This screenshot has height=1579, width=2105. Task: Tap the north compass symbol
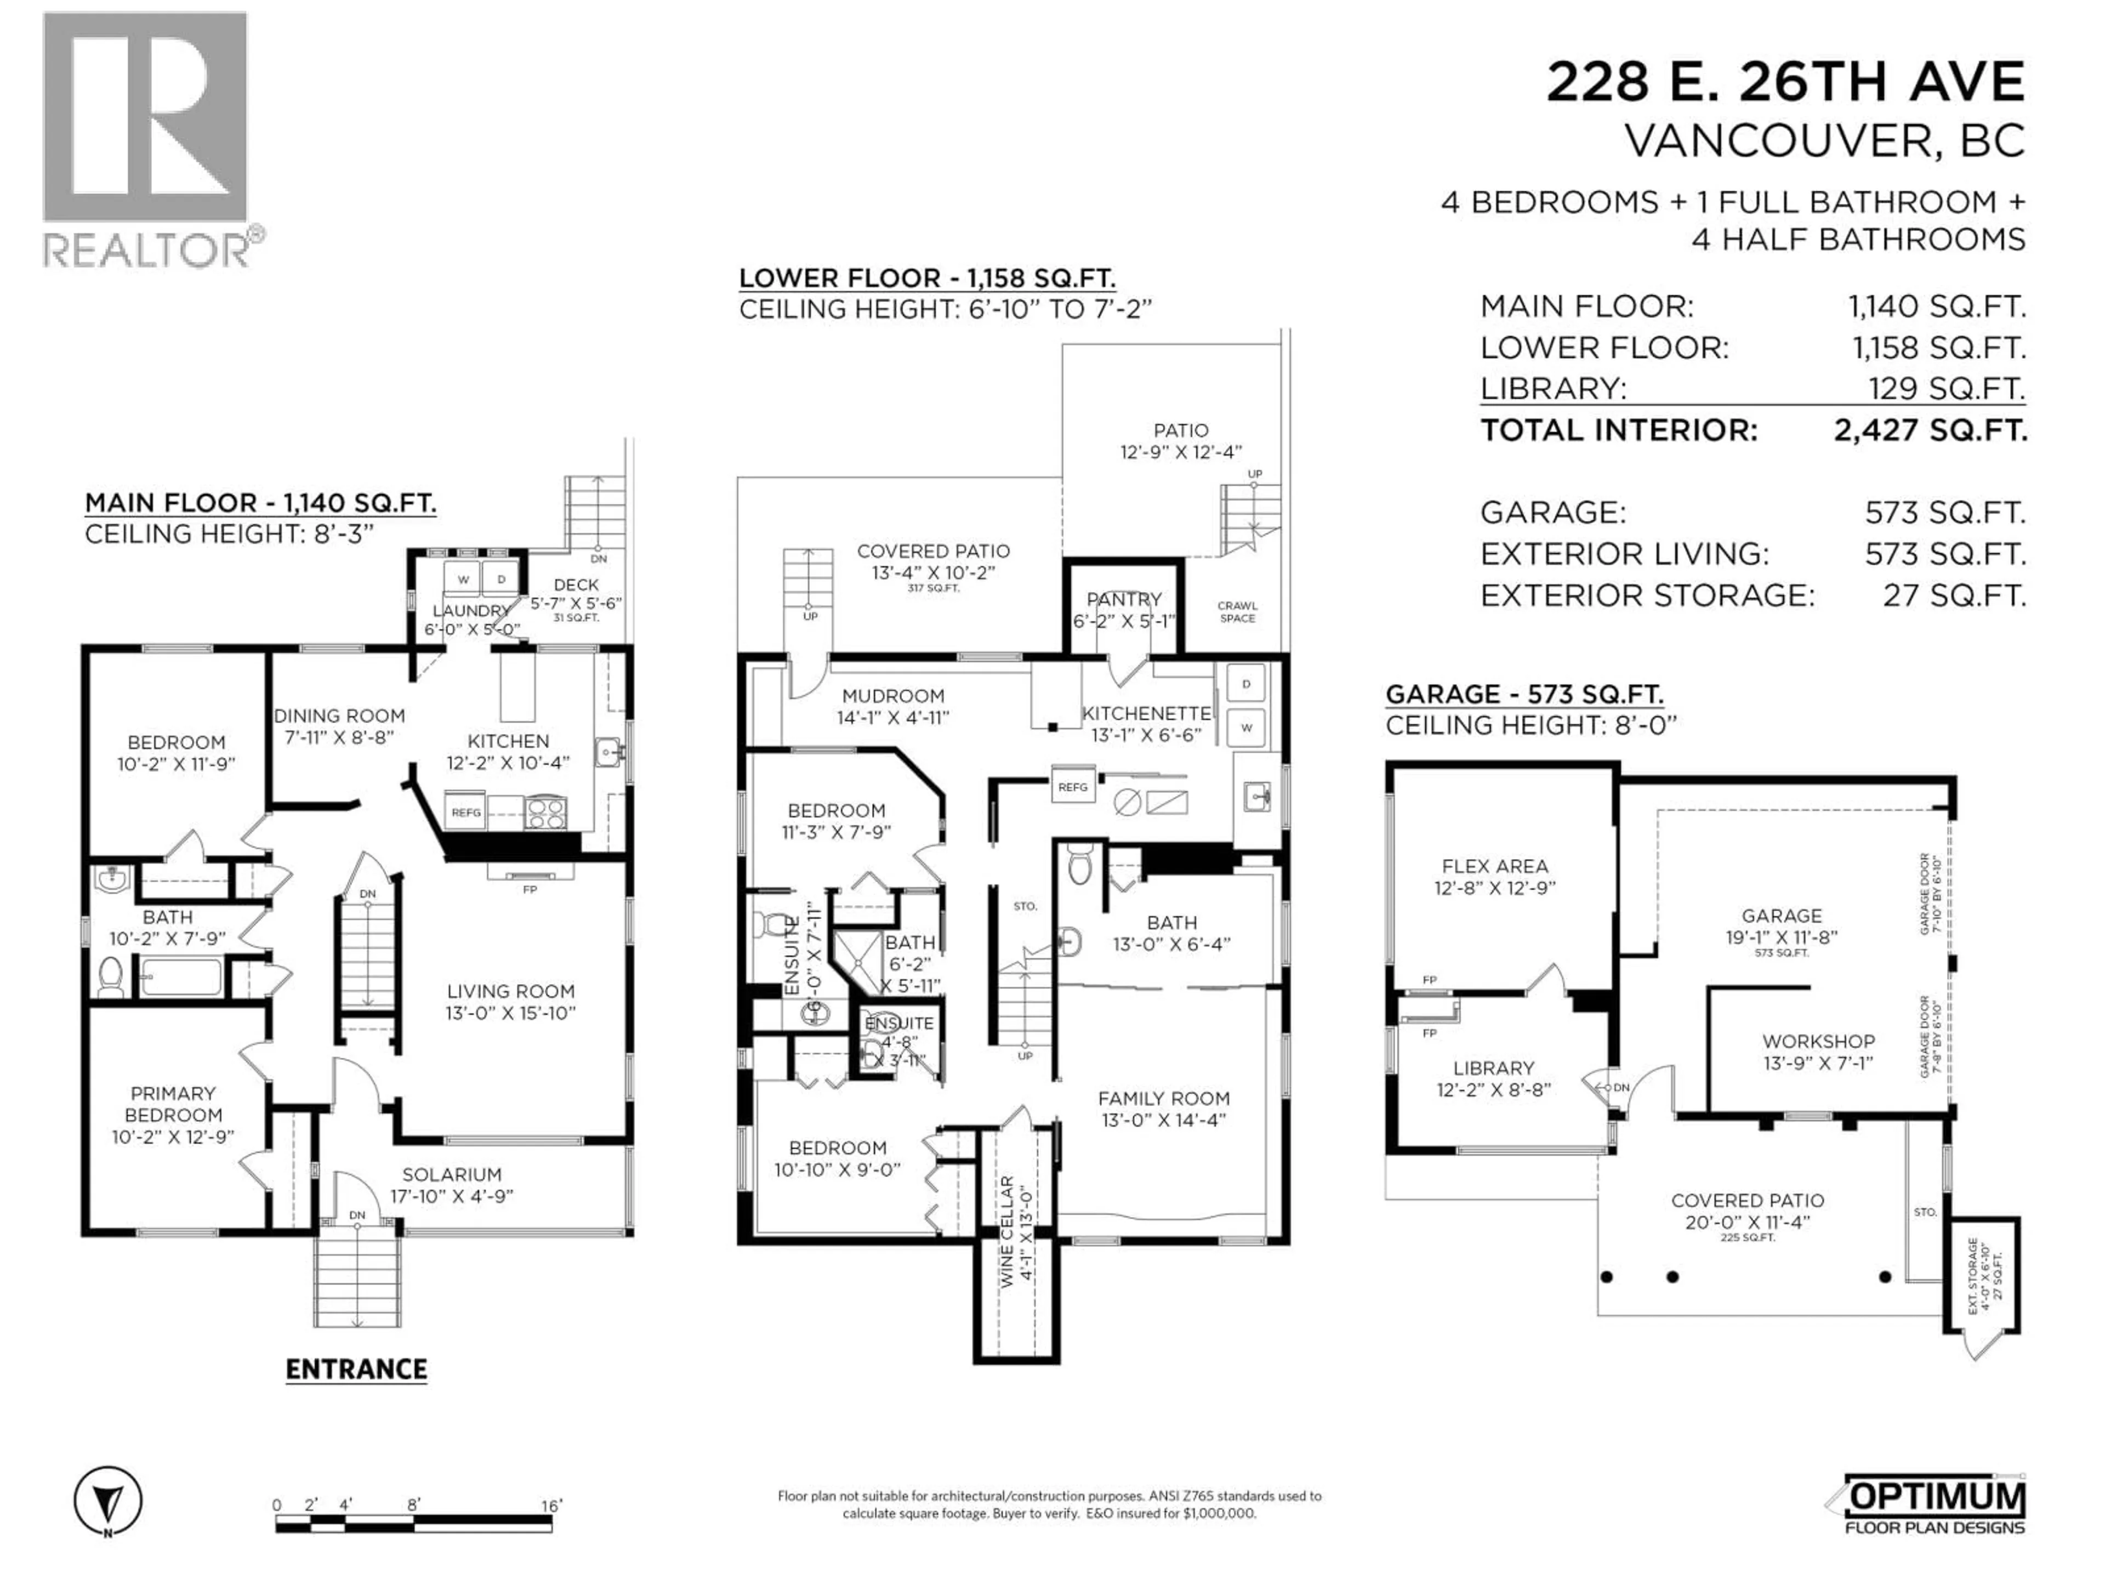tap(107, 1501)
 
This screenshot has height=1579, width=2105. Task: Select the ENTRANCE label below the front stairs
tap(356, 1370)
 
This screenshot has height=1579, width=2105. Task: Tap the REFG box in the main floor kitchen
tap(465, 812)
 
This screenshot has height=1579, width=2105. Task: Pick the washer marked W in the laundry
tap(463, 578)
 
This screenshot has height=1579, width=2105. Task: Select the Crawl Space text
tap(1237, 611)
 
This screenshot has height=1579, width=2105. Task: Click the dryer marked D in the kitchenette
tap(1245, 683)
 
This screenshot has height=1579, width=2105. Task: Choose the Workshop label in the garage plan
tap(1818, 1052)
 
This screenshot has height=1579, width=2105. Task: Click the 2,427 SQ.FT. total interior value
tap(1930, 430)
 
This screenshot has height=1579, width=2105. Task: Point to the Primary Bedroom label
tap(173, 1115)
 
